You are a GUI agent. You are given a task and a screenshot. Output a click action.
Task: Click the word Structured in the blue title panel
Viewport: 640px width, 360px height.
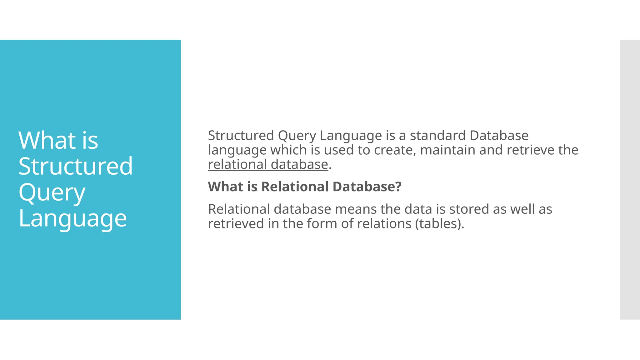pyautogui.click(x=75, y=166)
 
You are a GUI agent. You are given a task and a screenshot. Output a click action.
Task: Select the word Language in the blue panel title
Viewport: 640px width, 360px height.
pyautogui.click(x=72, y=218)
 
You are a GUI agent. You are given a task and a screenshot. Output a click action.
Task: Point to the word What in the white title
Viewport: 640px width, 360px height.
pyautogui.click(x=47, y=140)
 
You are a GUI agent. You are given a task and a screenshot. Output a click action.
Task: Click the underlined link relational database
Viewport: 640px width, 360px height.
pyautogui.click(x=268, y=164)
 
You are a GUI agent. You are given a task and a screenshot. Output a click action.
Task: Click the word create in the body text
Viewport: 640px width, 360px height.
pyautogui.click(x=395, y=150)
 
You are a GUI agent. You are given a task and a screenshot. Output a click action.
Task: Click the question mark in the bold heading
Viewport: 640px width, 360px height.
pyautogui.click(x=398, y=187)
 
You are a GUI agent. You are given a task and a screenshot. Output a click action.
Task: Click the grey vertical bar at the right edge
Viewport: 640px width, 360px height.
pyautogui.click(x=630, y=180)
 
